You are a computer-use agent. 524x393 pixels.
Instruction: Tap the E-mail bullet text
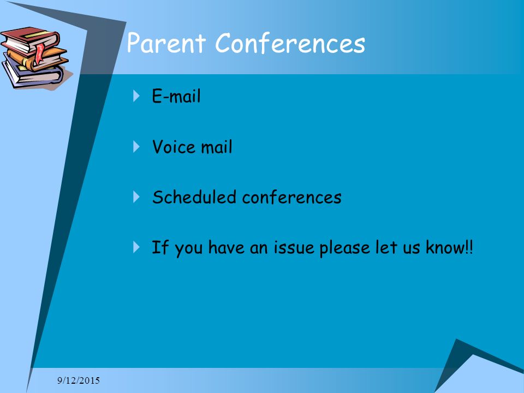tap(176, 96)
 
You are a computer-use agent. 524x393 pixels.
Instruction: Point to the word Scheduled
tap(194, 197)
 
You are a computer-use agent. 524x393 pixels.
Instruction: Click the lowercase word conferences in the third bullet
tap(291, 197)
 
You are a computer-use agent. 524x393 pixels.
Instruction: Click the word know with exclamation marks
tap(449, 247)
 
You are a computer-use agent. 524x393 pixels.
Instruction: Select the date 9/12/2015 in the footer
tap(79, 380)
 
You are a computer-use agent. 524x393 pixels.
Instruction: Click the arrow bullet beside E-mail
tap(136, 96)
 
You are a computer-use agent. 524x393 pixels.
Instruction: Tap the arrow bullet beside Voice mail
tap(136, 146)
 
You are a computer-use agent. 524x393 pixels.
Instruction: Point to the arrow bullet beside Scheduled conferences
tap(136, 196)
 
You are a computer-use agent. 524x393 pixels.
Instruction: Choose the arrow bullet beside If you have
tap(136, 247)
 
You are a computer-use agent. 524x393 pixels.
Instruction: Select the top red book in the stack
tap(30, 39)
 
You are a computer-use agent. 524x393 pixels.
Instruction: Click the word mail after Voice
tap(216, 147)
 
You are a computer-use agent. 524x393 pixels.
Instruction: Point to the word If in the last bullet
tap(160, 247)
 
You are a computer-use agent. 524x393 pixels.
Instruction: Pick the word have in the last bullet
tap(226, 247)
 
